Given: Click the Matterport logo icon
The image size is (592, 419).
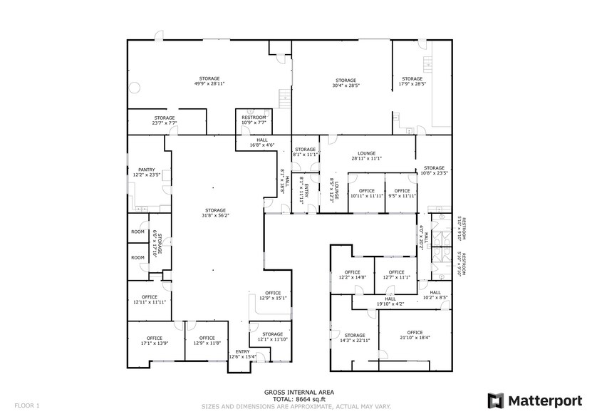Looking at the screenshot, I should (x=496, y=400).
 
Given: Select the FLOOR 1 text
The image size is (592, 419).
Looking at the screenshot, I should (x=27, y=405).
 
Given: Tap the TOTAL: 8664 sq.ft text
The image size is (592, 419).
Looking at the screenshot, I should (x=298, y=399).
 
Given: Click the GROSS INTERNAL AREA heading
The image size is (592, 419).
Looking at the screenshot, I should (x=298, y=392).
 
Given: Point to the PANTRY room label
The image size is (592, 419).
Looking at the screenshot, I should (x=147, y=172).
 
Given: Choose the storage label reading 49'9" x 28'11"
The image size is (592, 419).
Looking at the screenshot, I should (x=209, y=81).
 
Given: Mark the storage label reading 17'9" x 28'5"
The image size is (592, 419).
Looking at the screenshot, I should (x=412, y=81).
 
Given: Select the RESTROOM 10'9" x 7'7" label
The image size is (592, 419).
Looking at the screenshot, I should (x=254, y=120).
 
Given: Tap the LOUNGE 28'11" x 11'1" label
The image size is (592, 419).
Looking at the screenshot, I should (x=366, y=155).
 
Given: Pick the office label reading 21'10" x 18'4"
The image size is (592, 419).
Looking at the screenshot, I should (x=415, y=335).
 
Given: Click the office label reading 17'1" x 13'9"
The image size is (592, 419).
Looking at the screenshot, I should (x=155, y=341).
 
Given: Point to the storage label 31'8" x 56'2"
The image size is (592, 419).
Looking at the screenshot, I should (x=214, y=213).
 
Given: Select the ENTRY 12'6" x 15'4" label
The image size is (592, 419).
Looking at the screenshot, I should (x=242, y=353).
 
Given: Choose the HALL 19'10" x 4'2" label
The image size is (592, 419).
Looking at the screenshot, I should (x=390, y=301).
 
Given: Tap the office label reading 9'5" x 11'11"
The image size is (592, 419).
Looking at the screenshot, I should (x=402, y=193).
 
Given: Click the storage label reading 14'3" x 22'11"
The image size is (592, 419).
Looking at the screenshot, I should (x=355, y=338).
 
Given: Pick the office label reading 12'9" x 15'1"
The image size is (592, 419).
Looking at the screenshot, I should (x=273, y=296).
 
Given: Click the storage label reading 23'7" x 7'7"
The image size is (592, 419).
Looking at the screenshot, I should (x=165, y=120).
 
